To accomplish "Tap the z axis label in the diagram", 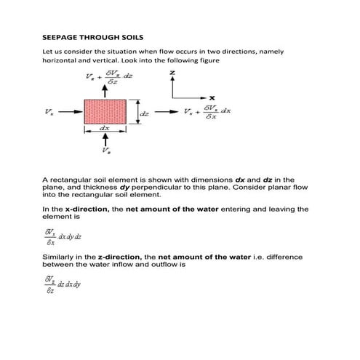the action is tap(172, 74).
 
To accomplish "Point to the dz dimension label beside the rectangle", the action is tap(145, 113).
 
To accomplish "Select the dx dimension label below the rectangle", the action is tap(105, 129).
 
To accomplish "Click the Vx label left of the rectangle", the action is tap(49, 113).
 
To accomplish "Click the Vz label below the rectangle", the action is tap(108, 153).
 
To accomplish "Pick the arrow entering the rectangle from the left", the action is tap(69, 113).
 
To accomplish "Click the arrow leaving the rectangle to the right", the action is tap(166, 113).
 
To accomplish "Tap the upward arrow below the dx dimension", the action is tap(107, 140).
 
